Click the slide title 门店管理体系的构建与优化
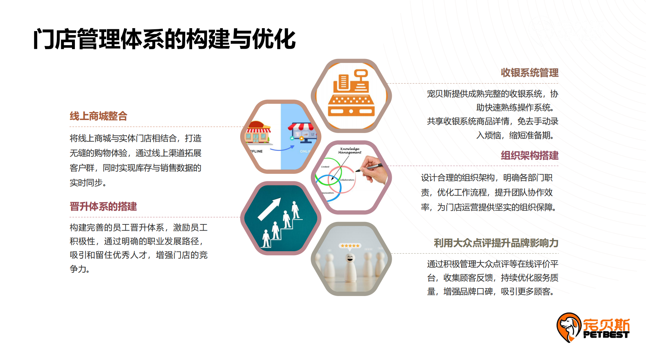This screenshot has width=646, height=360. coord(164,39)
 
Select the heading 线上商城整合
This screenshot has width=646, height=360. coord(98,116)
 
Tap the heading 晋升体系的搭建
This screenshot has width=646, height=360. coord(103,206)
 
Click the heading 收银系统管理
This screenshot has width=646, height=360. coord(529,73)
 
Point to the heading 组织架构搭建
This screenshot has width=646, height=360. coord(529,155)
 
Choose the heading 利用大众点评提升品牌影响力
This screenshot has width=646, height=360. coord(496,243)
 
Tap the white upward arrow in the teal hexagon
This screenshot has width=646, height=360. coord(269,209)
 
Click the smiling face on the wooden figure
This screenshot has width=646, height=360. coord(350,258)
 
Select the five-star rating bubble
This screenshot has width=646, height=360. coord(350,246)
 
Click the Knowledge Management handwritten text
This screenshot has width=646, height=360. coord(349,150)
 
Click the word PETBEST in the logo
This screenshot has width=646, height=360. coord(606,335)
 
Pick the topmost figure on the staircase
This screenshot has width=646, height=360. coord(295,209)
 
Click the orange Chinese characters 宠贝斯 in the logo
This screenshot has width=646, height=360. coord(606,324)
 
